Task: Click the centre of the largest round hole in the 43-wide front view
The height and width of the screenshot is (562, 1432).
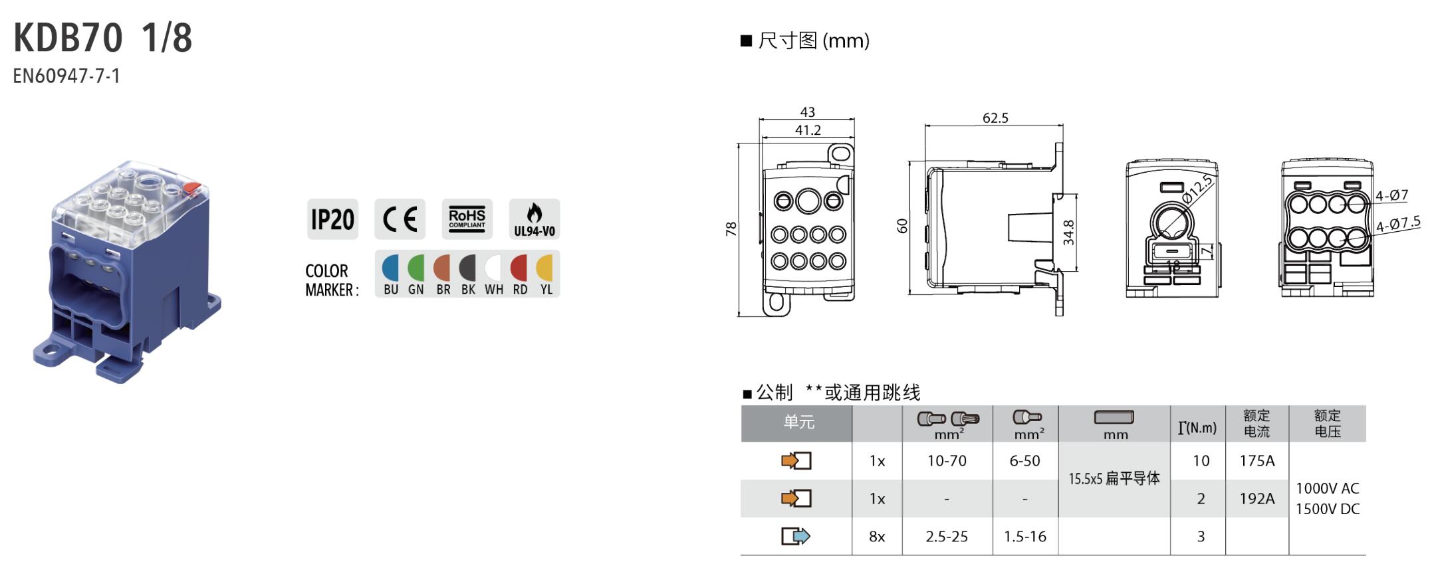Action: pos(808,201)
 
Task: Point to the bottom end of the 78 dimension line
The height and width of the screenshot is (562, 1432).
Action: pos(739,316)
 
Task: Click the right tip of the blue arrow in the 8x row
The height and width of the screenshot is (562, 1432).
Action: pos(810,536)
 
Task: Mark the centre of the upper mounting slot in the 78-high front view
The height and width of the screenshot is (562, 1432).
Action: pos(840,153)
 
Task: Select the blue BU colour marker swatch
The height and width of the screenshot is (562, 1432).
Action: pos(391,268)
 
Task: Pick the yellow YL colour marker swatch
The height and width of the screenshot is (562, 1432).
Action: pos(545,268)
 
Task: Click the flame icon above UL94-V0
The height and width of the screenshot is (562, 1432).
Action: pos(534,213)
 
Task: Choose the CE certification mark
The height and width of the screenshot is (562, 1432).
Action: pos(400,219)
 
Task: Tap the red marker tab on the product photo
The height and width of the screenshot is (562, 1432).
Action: pos(193,188)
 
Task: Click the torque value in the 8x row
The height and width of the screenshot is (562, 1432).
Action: pos(1201,536)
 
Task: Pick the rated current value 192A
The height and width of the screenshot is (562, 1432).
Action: pos(1256,499)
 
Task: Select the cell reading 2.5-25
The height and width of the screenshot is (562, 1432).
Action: pos(947,536)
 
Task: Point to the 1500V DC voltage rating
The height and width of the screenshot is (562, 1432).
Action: pos(1328,509)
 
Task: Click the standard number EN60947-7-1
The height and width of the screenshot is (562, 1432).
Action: pos(66,76)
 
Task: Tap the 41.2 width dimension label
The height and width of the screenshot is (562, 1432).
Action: pos(808,130)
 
